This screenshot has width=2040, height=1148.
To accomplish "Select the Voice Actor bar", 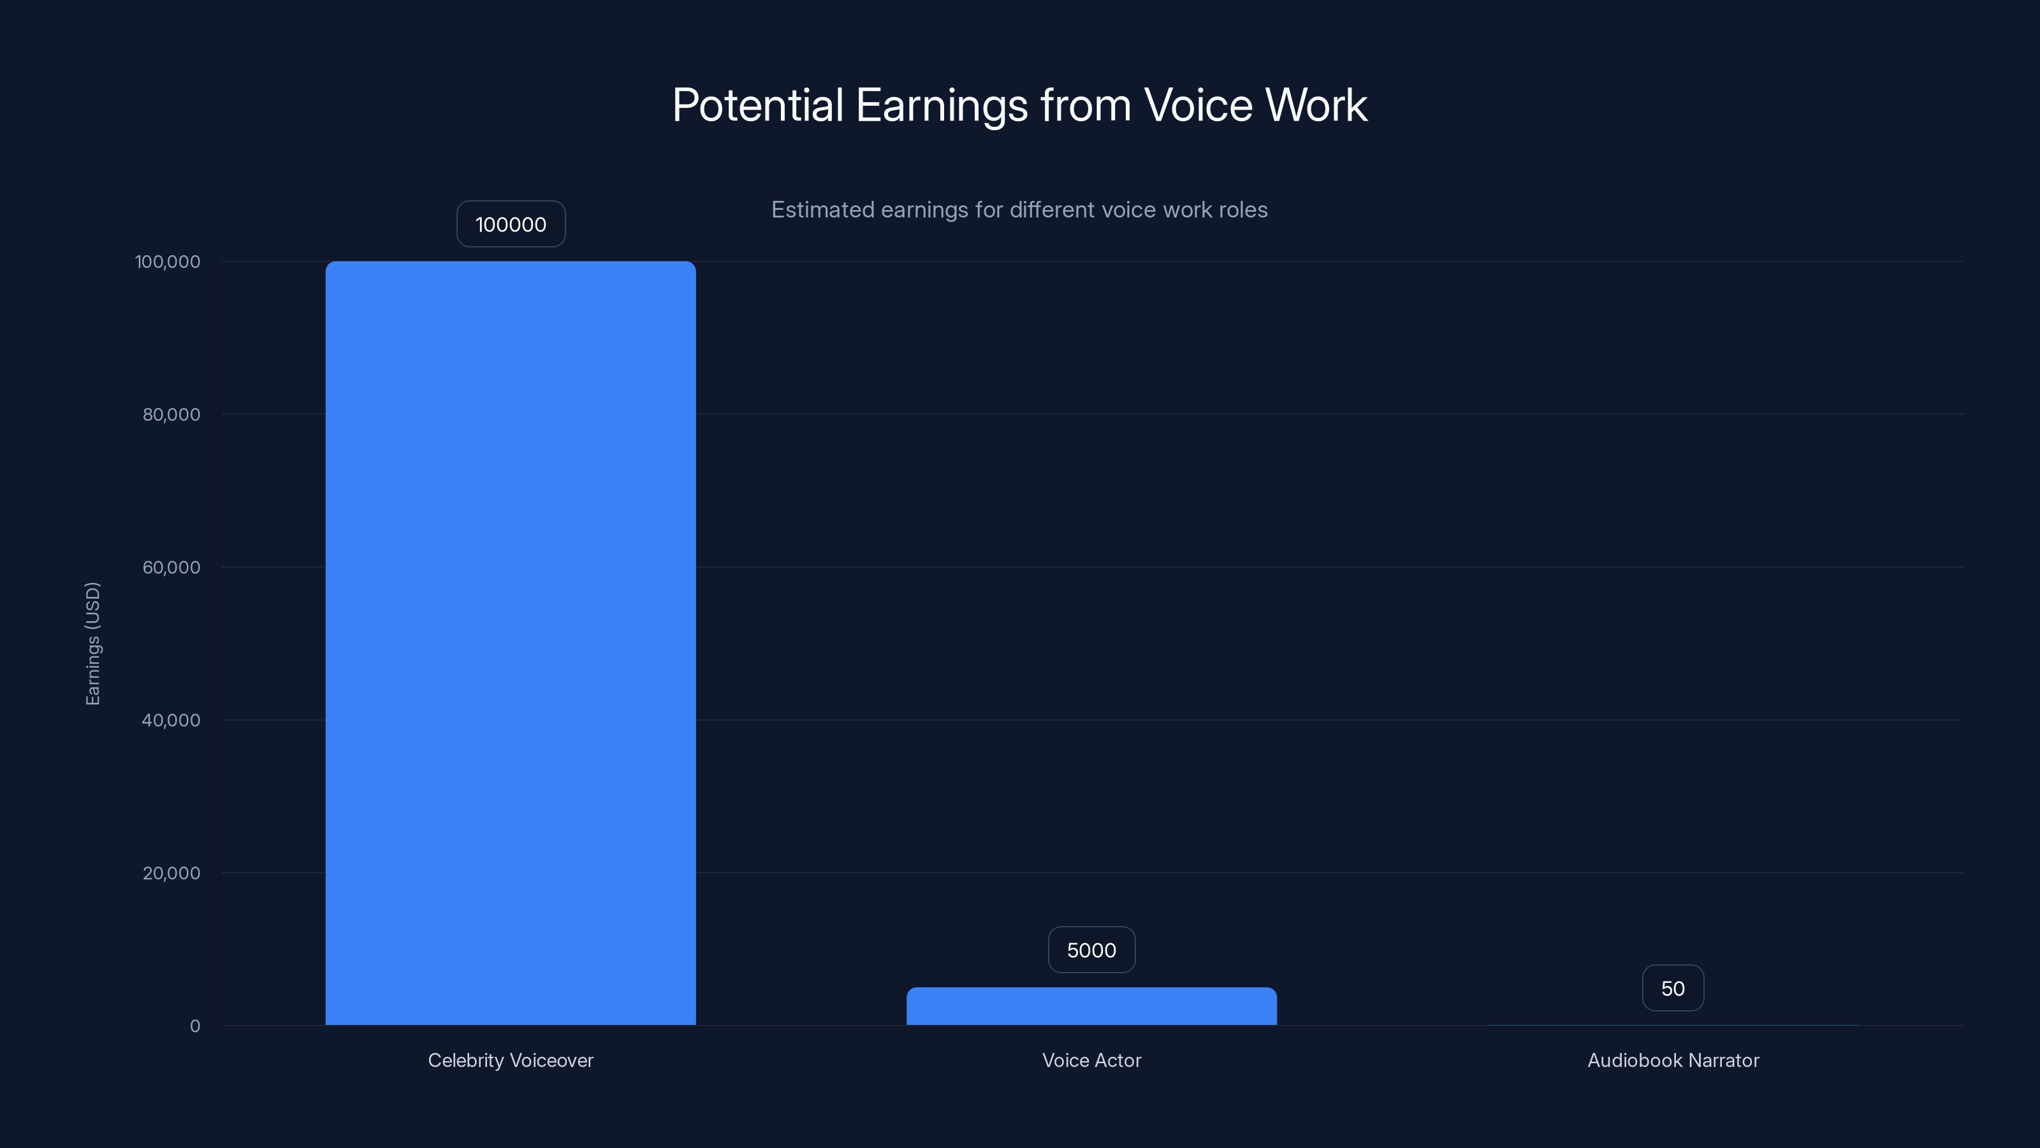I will click(x=1091, y=1006).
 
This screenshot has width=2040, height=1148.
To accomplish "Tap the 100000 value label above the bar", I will click(x=511, y=224).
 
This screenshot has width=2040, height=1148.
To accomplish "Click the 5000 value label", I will click(x=1091, y=950).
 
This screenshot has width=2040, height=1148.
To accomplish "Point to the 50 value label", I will click(x=1673, y=988).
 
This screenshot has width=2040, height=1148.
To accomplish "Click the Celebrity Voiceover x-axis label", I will click(x=511, y=1060).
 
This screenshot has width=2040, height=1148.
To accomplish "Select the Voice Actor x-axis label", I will click(x=1091, y=1060).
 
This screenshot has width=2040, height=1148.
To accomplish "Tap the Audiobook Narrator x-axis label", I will click(x=1673, y=1060).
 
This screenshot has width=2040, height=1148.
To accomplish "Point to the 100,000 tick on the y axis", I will click(x=168, y=261).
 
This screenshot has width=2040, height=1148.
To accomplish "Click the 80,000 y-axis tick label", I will click(x=171, y=415).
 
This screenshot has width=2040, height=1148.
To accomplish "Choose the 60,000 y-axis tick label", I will click(x=171, y=567).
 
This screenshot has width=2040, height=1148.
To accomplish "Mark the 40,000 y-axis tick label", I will click(x=171, y=720).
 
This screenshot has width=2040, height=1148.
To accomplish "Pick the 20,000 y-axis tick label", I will click(x=171, y=873).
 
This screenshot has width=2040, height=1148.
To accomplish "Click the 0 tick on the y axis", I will click(x=195, y=1026).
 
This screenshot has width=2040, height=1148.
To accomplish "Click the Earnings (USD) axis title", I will click(x=92, y=644).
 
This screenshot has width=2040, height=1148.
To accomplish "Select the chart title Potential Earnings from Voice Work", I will click(x=1019, y=105).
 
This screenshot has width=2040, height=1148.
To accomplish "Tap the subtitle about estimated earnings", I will click(x=1019, y=210).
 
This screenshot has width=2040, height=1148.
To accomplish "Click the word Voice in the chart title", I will click(x=1198, y=105).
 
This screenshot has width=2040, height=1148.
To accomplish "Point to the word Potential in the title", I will click(x=758, y=105).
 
